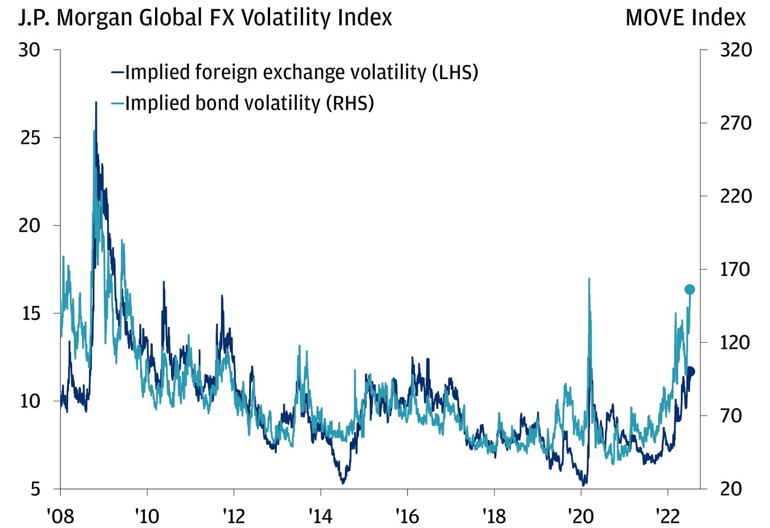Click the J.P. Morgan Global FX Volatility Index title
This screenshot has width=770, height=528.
coord(205,18)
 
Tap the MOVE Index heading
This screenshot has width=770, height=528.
coord(685,18)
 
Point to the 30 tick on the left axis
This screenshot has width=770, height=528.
coord(29,50)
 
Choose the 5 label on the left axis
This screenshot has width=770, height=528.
coord(35,488)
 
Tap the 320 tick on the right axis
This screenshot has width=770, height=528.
coord(736,50)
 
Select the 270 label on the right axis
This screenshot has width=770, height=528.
coord(736,123)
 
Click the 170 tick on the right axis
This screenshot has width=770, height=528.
coord(736,269)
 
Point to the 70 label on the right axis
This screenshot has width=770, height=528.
coord(730,416)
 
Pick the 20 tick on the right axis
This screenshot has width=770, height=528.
coord(730,488)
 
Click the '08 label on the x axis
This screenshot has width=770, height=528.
coord(60,516)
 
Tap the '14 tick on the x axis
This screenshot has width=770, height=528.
coord(320,516)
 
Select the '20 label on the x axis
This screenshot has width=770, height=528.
coord(581,516)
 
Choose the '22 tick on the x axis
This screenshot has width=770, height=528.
coord(667,516)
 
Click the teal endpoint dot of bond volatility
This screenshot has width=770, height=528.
coord(689,289)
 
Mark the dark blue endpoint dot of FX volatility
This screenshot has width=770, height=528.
coord(690,371)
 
